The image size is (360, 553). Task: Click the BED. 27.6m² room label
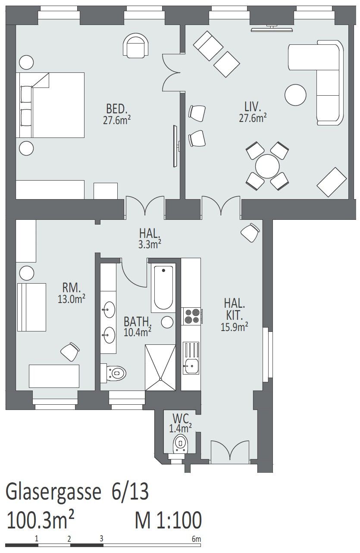(116, 114)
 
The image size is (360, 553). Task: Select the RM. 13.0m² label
(72, 293)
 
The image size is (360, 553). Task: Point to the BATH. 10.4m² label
(138, 327)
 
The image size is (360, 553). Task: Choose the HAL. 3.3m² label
(150, 238)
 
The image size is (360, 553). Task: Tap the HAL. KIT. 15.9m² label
(234, 315)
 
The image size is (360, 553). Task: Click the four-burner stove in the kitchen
(192, 316)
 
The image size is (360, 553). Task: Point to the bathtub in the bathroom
(163, 288)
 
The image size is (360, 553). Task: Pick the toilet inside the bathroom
(113, 372)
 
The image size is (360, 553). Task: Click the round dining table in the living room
(267, 166)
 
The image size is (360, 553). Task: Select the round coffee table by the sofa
(295, 95)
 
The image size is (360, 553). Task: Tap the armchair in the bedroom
(136, 46)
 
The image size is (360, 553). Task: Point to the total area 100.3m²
(41, 519)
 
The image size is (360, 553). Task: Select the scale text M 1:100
(168, 519)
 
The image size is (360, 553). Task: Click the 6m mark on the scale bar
(196, 538)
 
